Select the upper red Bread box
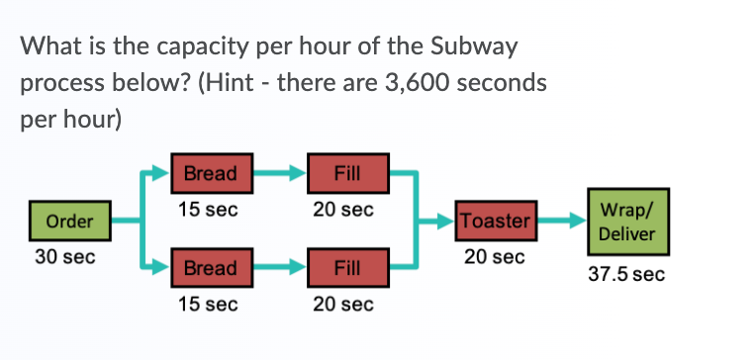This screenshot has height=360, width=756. coord(211,174)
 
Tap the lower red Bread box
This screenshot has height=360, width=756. coord(211,268)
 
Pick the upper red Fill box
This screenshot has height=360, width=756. coord(347,174)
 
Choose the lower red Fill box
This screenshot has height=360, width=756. coord(347,268)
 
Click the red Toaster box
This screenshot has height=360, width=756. coord(495,221)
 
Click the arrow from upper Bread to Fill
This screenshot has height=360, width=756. coord(279,174)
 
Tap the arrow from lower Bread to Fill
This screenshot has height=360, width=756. coord(279,268)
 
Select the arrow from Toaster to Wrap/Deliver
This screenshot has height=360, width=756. coord(562,221)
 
